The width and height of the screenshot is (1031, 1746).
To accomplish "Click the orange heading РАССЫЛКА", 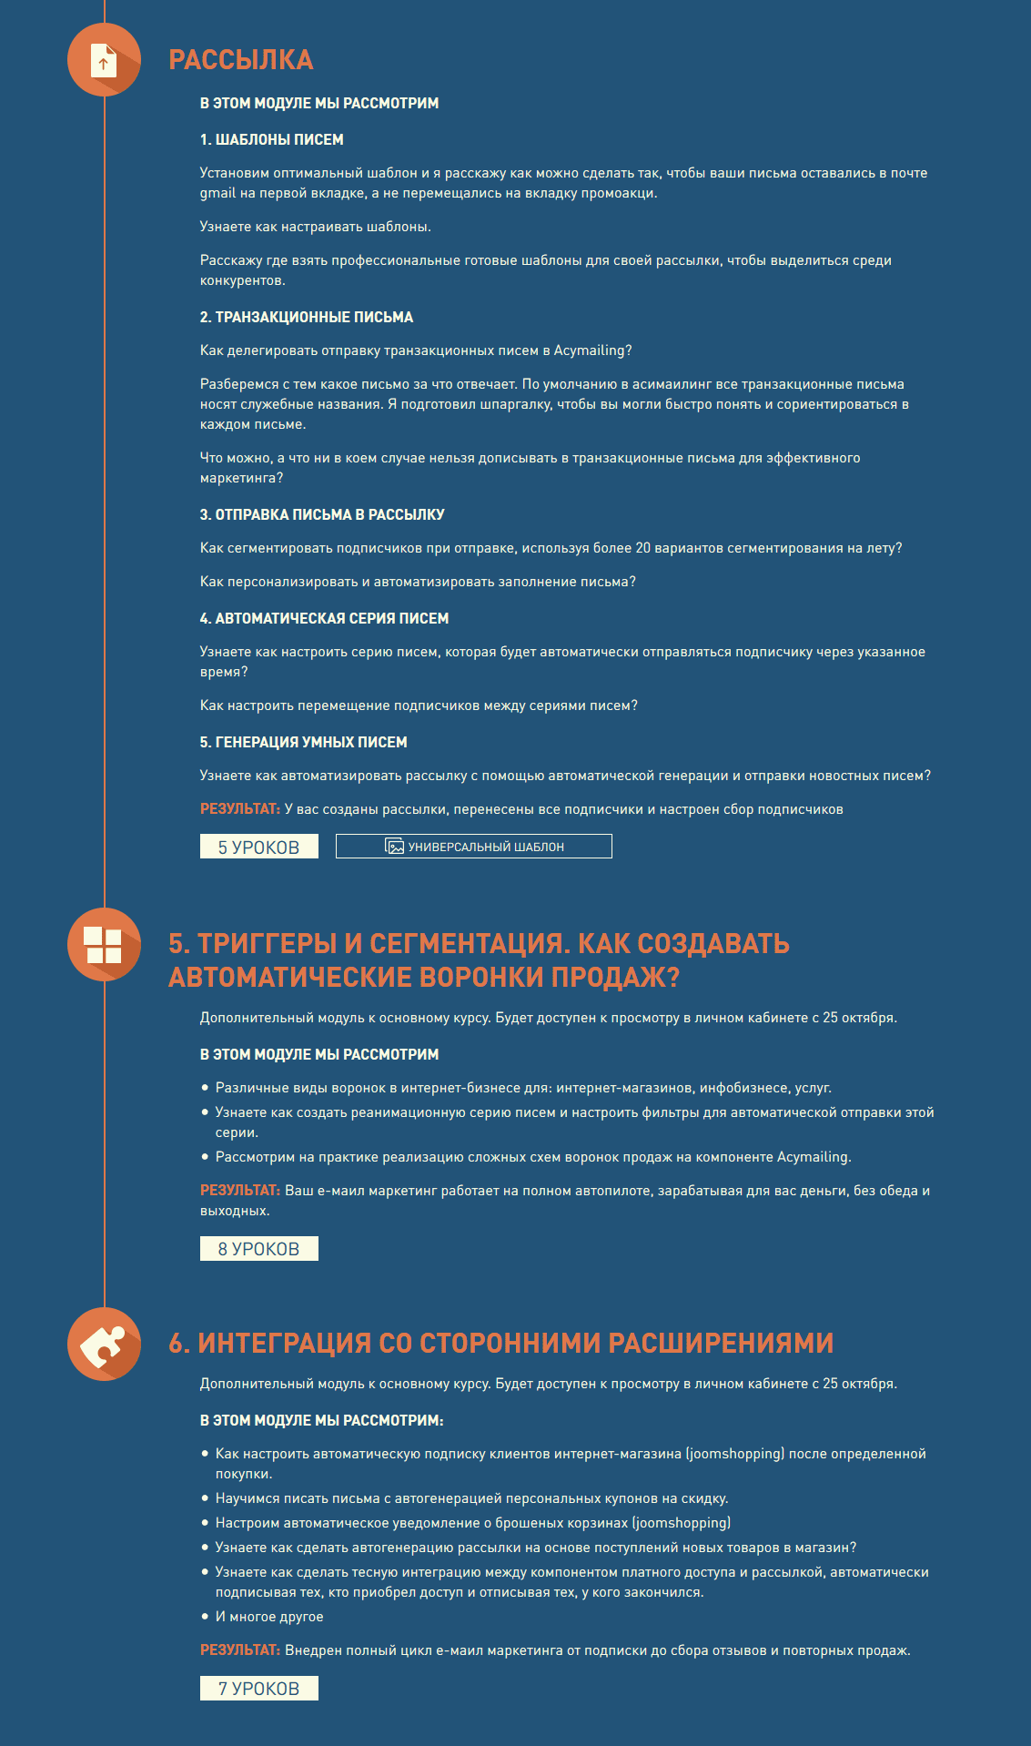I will coord(240,60).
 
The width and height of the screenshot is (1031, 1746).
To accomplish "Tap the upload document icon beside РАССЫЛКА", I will coord(104,60).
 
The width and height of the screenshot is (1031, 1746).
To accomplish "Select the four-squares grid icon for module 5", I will coord(103,945).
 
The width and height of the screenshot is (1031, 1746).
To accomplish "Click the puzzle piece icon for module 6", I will coord(103,1345).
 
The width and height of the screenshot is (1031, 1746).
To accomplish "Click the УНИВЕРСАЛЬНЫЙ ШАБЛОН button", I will coord(473,847).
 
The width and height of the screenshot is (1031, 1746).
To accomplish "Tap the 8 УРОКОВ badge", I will coord(258,1249).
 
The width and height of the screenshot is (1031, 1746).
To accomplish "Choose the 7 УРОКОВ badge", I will coord(258,1689).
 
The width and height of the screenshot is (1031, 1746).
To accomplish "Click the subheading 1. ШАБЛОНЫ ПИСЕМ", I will coord(271,139).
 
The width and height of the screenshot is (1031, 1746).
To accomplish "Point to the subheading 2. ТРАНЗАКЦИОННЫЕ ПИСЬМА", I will coord(306,317).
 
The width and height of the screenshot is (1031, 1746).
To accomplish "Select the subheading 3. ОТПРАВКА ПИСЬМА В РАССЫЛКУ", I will coord(322,514).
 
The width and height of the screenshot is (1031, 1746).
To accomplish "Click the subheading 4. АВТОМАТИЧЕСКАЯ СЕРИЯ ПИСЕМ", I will coord(324,618).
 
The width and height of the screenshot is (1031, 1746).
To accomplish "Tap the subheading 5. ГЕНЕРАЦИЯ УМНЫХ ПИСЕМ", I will coord(303,742).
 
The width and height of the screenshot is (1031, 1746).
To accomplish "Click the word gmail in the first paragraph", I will coord(217,193).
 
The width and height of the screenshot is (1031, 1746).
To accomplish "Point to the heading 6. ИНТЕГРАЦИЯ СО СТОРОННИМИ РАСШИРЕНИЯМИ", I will coord(500,1343).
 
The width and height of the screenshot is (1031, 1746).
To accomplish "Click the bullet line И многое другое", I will coord(268,1617).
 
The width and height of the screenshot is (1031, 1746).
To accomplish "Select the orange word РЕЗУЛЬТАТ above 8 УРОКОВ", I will coord(239,1191).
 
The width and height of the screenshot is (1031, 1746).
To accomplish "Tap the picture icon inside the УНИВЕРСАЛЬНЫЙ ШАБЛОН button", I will coord(395,847).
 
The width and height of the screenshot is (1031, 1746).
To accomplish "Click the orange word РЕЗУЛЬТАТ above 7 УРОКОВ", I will coord(239,1650).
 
